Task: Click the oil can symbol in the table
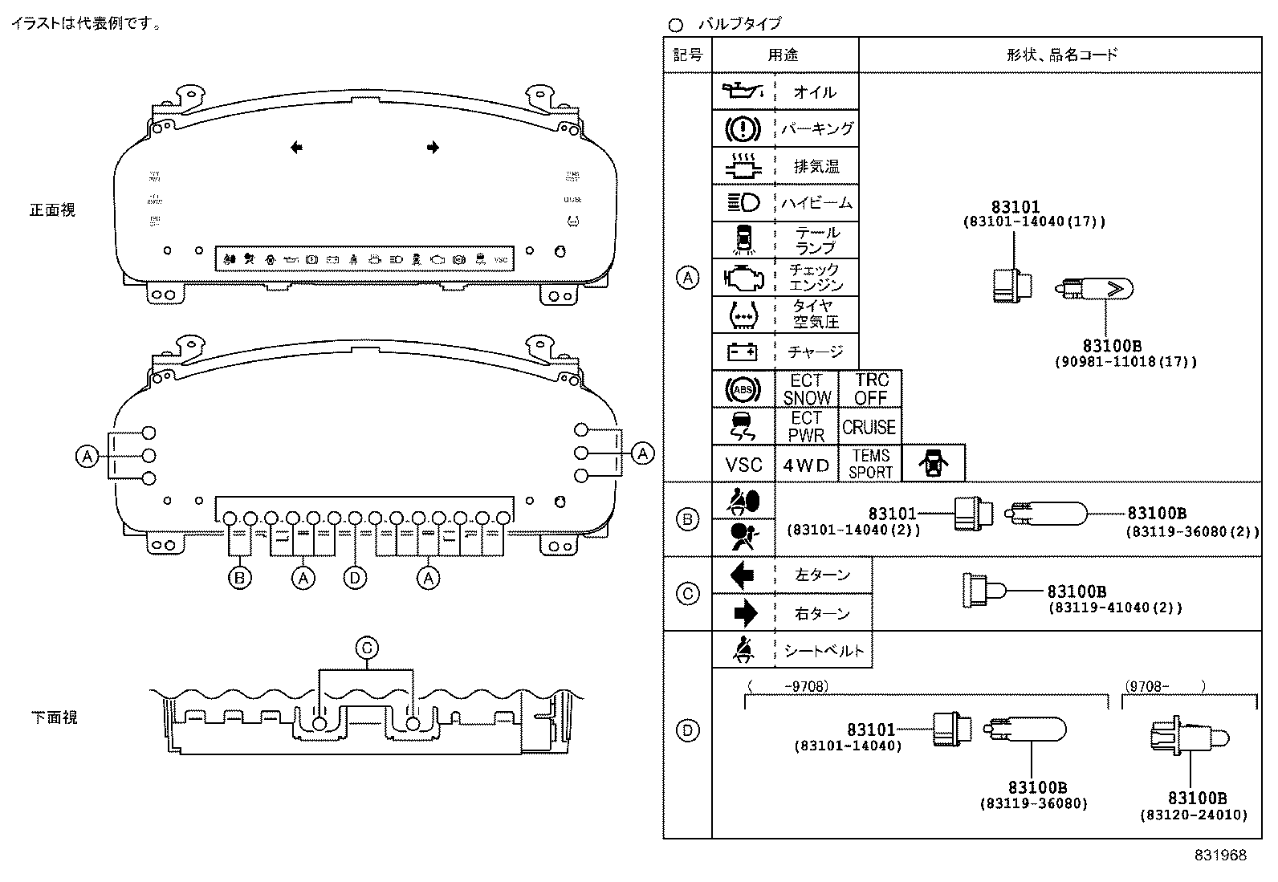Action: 743,91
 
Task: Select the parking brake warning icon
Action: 743,128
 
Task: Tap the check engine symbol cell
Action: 743,278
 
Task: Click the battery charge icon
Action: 743,352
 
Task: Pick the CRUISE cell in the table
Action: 869,427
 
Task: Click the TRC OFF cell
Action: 870,388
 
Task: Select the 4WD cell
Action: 806,465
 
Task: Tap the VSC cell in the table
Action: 743,465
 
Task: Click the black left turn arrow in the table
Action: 743,575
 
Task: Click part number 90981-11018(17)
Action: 1125,362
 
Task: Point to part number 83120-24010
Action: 1194,815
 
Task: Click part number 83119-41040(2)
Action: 1114,608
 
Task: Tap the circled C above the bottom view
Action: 366,648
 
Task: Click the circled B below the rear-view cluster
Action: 239,577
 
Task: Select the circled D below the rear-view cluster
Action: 355,577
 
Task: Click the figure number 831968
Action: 1219,856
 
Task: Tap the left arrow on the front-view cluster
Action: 296,148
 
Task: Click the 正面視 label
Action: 52,210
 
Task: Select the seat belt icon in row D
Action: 743,650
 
